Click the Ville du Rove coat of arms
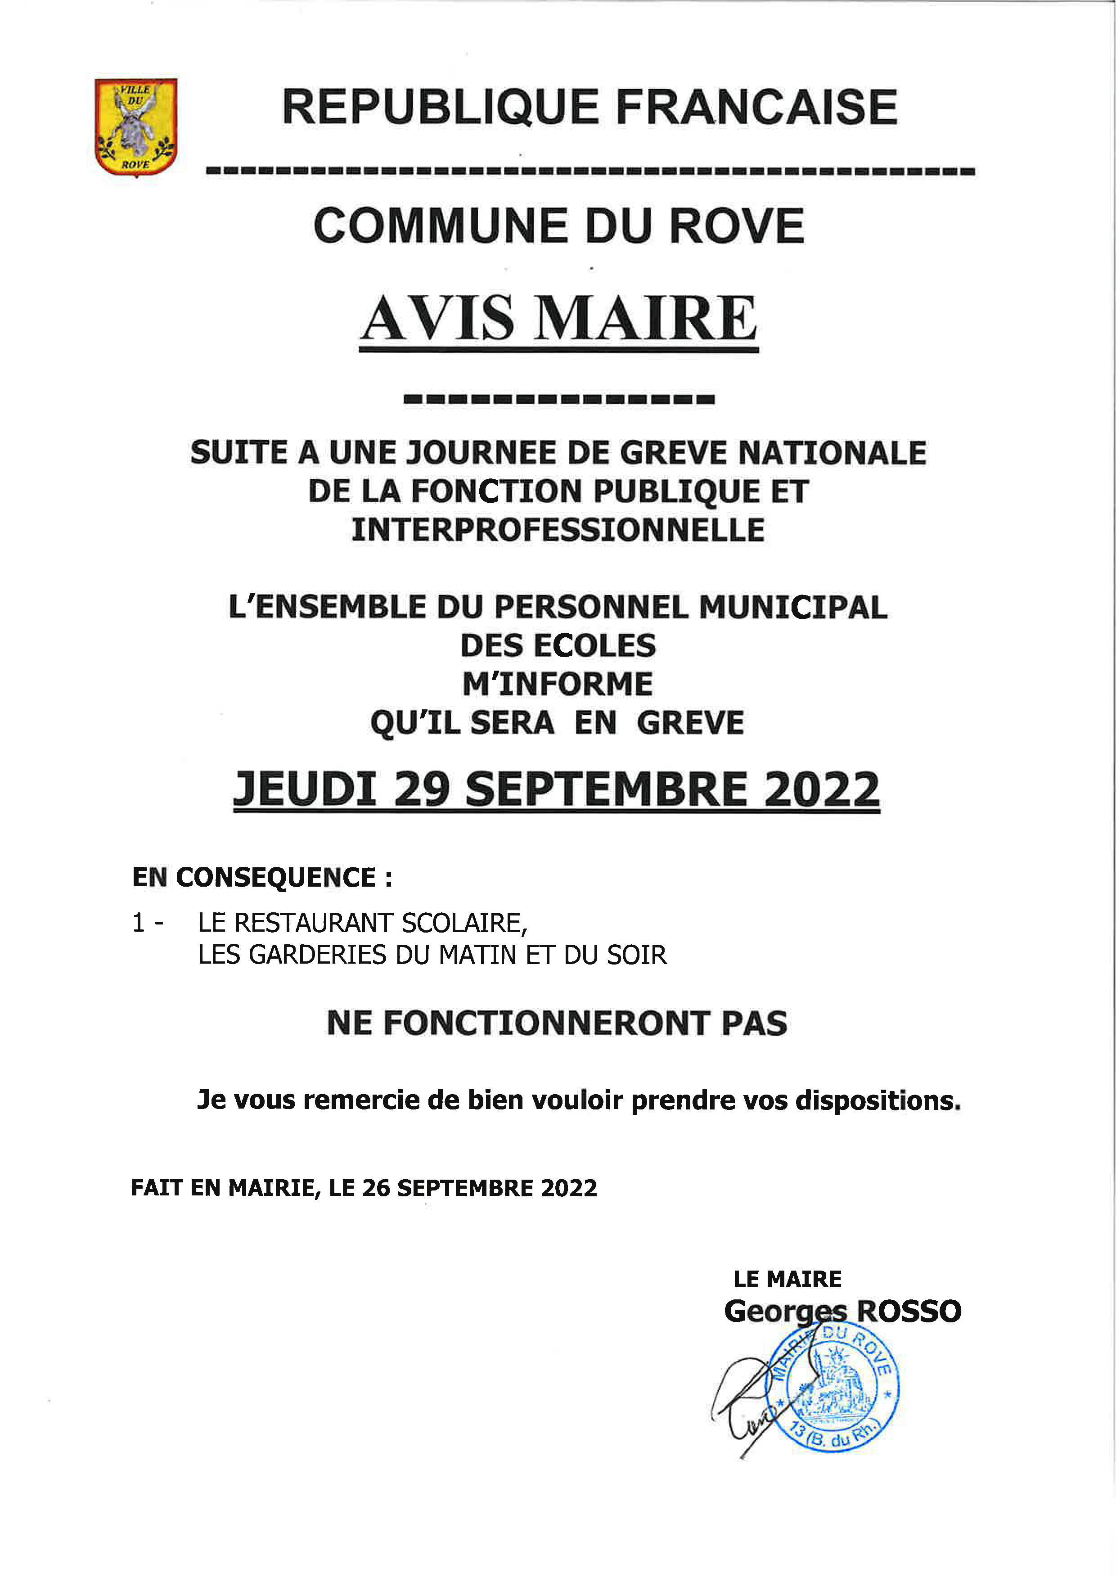point(136,127)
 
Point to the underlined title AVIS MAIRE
point(559,319)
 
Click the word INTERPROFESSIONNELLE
point(558,530)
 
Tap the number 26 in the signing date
point(376,1188)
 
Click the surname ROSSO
point(909,1312)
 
